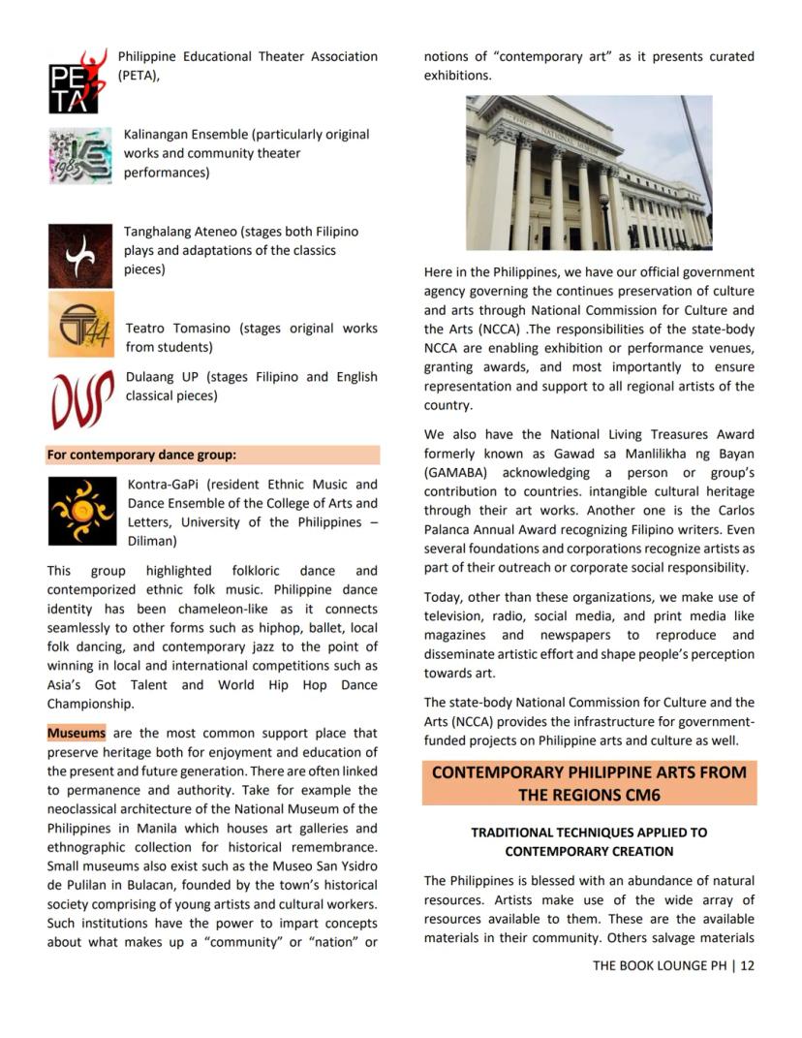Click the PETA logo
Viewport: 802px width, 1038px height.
coord(76,82)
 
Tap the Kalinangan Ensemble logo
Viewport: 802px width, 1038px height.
coord(79,155)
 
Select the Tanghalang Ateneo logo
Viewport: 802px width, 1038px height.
coord(79,256)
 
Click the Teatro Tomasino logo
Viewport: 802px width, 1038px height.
coord(80,325)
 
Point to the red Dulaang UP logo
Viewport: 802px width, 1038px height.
coord(80,397)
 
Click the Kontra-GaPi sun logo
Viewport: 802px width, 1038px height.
coord(81,511)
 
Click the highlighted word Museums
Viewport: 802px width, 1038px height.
coord(77,734)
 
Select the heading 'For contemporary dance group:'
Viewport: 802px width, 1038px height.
coord(141,455)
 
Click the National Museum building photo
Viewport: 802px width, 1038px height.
coord(588,173)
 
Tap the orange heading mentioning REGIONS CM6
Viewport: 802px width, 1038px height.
coord(589,783)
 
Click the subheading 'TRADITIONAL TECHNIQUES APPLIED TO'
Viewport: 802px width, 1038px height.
coord(589,833)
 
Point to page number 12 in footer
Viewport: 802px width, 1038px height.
coord(747,965)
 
